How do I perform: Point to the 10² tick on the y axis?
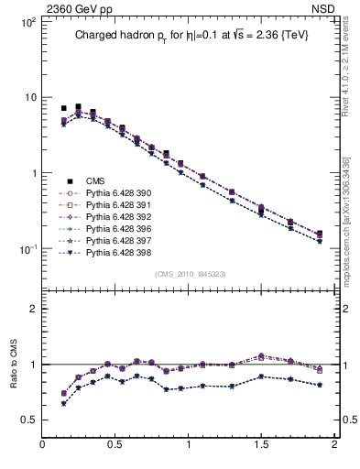click(27, 22)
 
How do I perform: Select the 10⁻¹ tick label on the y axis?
click(27, 249)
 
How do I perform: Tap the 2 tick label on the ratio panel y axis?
click(32, 309)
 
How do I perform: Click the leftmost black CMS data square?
click(63, 108)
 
